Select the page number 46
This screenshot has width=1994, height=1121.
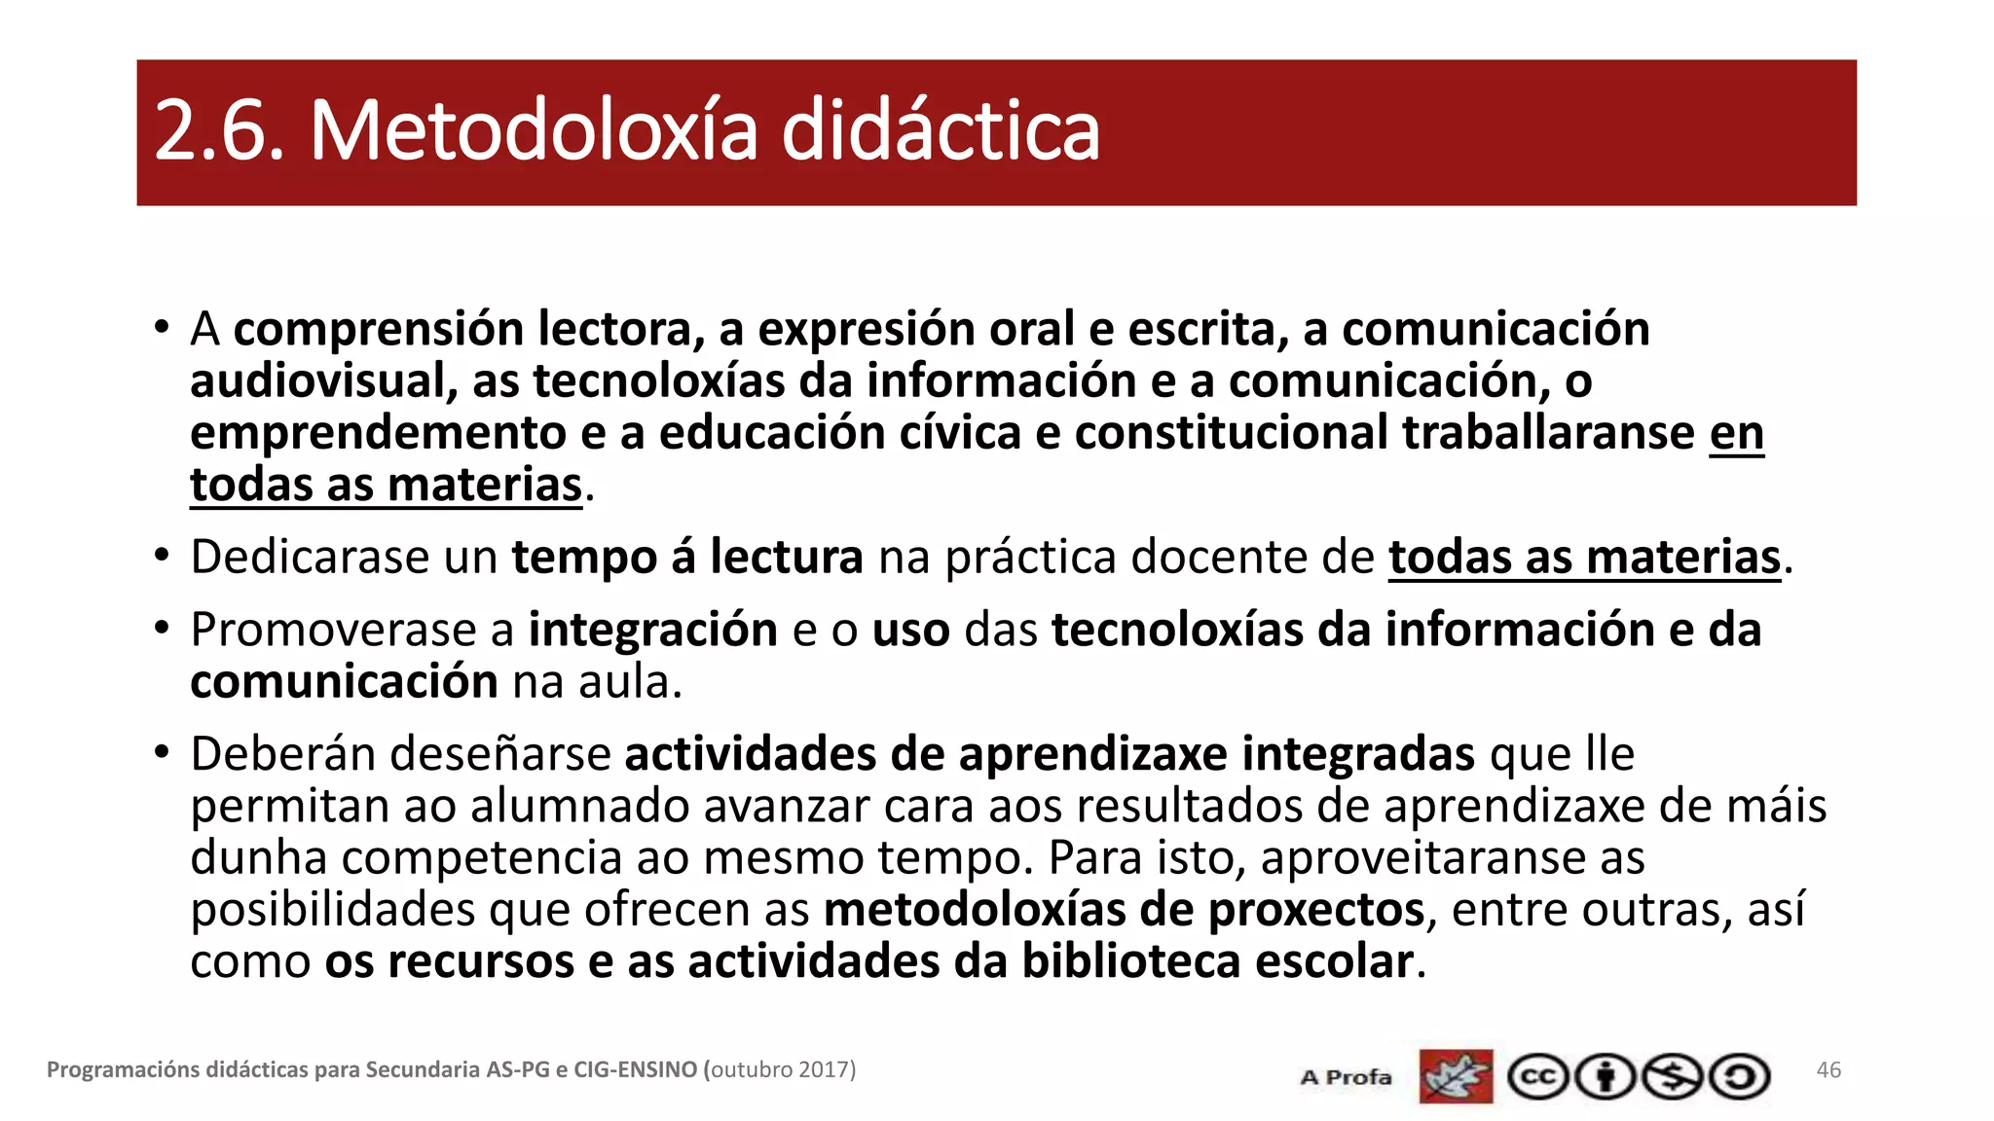[1828, 1070]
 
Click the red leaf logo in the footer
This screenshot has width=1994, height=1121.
[1456, 1076]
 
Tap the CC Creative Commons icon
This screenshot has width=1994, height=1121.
[1537, 1077]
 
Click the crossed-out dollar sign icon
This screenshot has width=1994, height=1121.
[1673, 1077]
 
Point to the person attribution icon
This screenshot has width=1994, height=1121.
[1606, 1077]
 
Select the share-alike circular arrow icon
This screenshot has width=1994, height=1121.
[1740, 1077]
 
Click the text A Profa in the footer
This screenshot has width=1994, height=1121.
[1346, 1077]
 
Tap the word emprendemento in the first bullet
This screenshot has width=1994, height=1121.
[378, 433]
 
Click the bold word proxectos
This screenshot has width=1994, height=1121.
[1316, 911]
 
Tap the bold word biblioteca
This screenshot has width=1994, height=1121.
[1130, 962]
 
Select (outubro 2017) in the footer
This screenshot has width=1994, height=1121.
[780, 1070]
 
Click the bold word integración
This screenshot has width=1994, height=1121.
[652, 630]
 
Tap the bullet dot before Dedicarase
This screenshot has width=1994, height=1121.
[162, 556]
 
